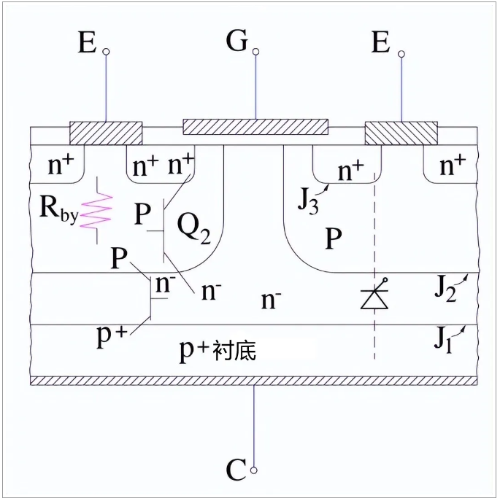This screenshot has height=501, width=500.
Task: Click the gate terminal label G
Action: click(237, 41)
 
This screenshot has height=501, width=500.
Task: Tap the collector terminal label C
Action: click(236, 470)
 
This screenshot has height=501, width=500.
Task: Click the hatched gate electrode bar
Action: click(255, 127)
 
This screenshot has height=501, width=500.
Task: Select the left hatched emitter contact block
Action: click(106, 133)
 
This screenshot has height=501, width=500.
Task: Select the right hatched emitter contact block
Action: click(401, 133)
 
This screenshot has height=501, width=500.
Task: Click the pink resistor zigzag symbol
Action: click(97, 211)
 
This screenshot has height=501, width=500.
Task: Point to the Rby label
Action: click(59, 209)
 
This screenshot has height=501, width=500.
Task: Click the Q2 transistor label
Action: click(194, 228)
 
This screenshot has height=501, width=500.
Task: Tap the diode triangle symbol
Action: click(374, 300)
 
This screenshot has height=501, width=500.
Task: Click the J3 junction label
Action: click(308, 203)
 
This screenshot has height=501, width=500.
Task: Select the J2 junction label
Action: click(445, 290)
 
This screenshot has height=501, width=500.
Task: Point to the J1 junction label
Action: click(443, 341)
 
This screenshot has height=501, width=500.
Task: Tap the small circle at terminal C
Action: click(254, 470)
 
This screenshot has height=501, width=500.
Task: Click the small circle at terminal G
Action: click(255, 52)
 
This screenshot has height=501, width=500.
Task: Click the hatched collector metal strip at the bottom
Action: click(254, 381)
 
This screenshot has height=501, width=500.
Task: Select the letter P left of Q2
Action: click(142, 214)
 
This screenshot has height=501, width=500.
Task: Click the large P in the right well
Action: click(334, 238)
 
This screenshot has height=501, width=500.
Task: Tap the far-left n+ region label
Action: click(61, 166)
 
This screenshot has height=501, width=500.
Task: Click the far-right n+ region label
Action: click(453, 166)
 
